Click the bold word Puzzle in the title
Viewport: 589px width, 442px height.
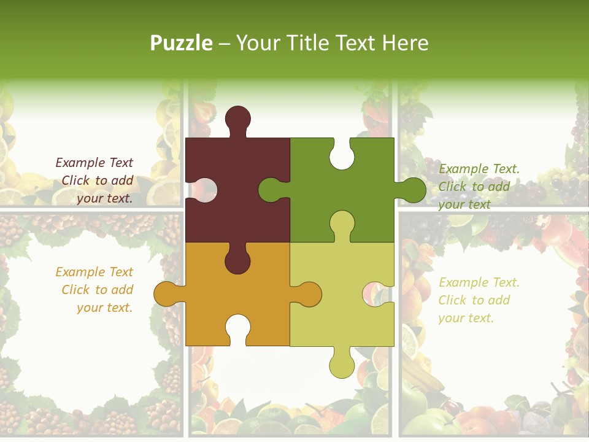click(x=182, y=43)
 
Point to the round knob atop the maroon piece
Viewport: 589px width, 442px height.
click(x=238, y=118)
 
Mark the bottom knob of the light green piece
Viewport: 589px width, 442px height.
click(x=342, y=366)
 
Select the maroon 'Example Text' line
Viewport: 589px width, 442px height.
click(x=94, y=163)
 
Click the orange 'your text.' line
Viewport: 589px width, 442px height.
click(x=104, y=308)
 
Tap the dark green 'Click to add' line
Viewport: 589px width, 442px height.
click(x=474, y=187)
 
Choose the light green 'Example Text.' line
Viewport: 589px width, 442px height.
click(x=479, y=282)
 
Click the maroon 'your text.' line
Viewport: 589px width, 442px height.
click(x=104, y=198)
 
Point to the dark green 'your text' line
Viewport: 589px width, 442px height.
click(x=464, y=204)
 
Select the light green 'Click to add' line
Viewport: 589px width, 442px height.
click(x=474, y=300)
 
